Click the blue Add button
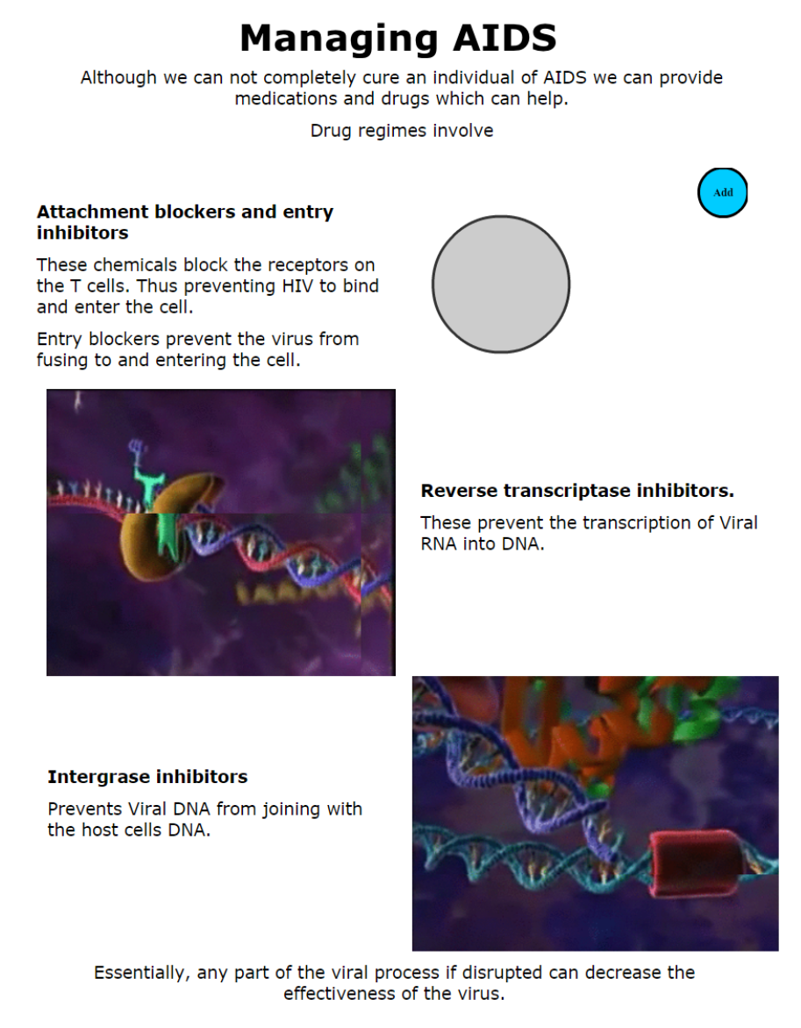click(722, 193)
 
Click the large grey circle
click(501, 284)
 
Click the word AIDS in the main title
click(505, 38)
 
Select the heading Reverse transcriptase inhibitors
click(577, 491)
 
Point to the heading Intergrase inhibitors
click(147, 777)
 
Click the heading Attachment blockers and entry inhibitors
click(185, 222)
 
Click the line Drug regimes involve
click(402, 131)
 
